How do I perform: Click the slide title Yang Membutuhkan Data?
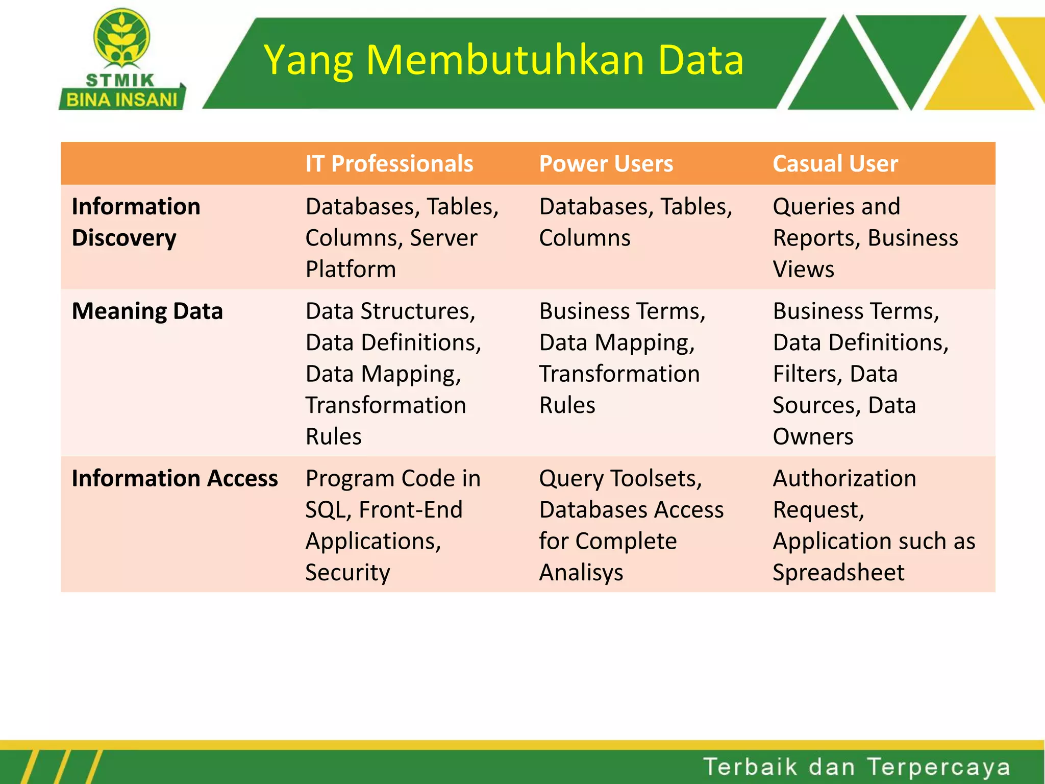504,61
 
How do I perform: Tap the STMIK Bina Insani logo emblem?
121,38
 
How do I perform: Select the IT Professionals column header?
389,164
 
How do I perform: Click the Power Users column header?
606,164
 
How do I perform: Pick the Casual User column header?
835,164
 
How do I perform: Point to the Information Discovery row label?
136,222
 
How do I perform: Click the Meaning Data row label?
147,311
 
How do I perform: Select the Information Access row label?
175,479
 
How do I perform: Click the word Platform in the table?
351,269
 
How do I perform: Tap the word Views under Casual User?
803,269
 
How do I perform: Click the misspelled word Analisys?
581,573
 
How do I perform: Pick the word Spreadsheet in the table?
838,573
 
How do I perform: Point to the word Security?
347,573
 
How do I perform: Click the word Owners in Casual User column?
812,437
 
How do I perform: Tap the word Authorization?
844,479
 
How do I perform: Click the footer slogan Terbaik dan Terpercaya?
856,767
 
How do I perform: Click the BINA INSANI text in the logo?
121,100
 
